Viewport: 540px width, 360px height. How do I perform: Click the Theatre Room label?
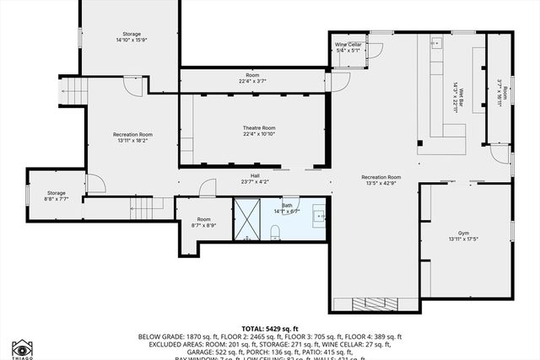pyautogui.click(x=259, y=128)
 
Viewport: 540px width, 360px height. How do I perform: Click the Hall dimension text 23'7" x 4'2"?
pyautogui.click(x=253, y=181)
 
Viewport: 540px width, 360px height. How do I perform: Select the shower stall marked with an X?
pyautogui.click(x=246, y=219)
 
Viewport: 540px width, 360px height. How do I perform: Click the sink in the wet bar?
pyautogui.click(x=437, y=42)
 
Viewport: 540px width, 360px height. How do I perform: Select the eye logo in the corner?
pyautogui.click(x=22, y=348)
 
